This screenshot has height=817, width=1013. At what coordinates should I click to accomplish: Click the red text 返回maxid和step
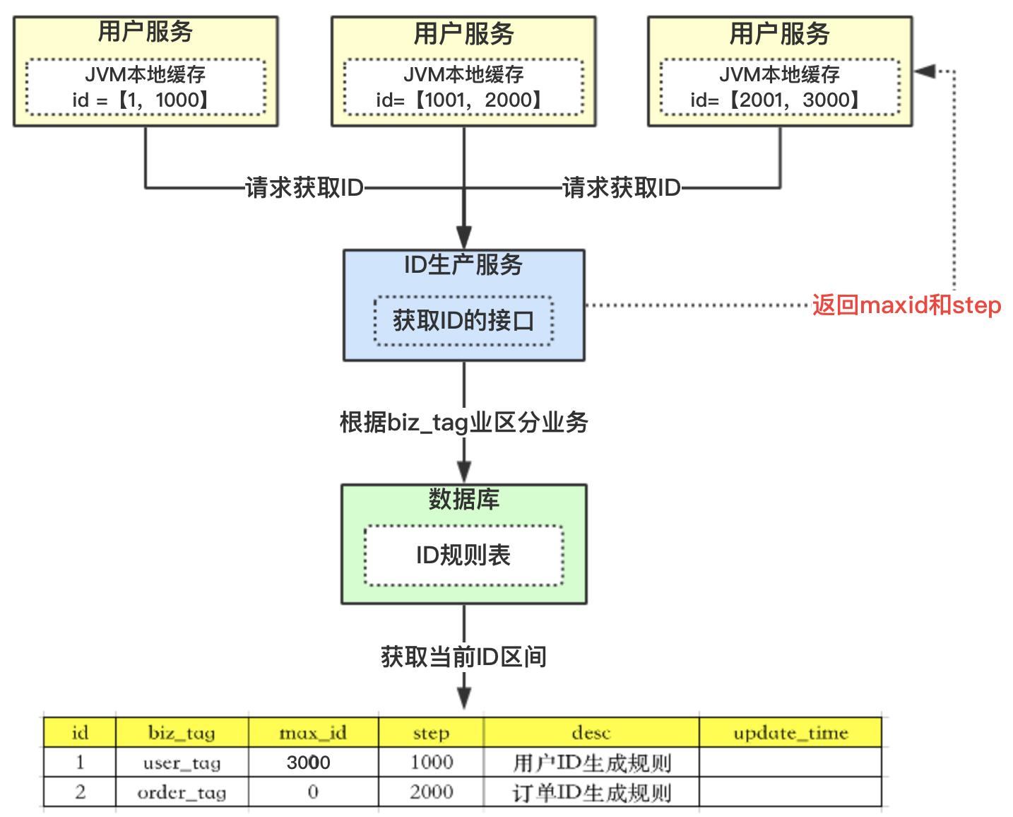(x=906, y=305)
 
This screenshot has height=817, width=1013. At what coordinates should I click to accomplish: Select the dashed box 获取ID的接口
(x=463, y=321)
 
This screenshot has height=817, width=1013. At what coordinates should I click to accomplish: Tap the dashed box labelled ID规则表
(x=463, y=556)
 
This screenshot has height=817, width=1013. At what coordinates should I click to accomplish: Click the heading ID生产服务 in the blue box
(x=463, y=265)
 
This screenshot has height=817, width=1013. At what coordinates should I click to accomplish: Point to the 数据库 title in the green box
(x=463, y=500)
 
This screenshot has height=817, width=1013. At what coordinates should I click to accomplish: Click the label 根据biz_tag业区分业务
(x=463, y=423)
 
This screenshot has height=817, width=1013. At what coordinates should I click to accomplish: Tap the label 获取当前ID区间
(x=463, y=657)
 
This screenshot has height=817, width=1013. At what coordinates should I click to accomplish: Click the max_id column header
(x=313, y=733)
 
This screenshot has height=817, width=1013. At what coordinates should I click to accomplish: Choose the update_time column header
(x=790, y=733)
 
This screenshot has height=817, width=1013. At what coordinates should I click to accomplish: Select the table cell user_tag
(x=182, y=763)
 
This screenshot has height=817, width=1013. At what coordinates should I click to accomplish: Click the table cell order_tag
(x=182, y=793)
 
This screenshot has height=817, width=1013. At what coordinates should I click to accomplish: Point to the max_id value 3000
(x=309, y=763)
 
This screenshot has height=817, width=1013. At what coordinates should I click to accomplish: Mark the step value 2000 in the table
(x=431, y=792)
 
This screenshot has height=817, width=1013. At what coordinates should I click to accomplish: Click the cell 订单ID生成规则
(x=591, y=793)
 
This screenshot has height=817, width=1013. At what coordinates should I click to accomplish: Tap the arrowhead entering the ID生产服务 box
(x=463, y=237)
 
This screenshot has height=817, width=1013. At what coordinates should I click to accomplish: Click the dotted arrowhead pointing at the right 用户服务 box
(x=924, y=71)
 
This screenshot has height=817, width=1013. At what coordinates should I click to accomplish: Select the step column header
(x=431, y=733)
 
